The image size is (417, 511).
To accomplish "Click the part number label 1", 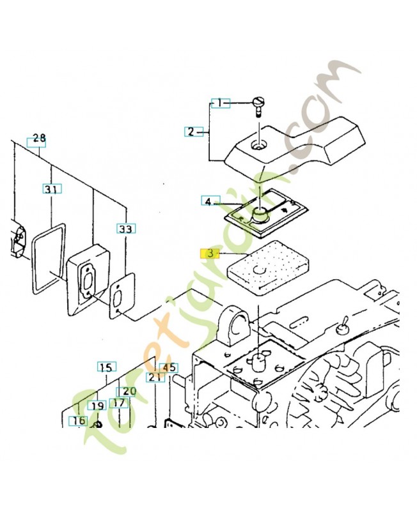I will coord(220,102).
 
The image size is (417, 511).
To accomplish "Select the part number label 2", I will coord(191,132).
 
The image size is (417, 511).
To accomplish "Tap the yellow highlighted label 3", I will coord(209,253).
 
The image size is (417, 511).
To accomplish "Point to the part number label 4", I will coord(208,201).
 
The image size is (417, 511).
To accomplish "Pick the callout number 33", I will coord(125,228).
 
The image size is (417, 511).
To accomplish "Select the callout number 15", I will coord(106,367).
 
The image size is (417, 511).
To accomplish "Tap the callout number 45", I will coord(169,368).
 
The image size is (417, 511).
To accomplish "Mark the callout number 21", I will coord(154,378).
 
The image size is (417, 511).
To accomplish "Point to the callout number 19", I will coord(97,406).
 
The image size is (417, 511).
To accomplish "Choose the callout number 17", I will coord(118,403).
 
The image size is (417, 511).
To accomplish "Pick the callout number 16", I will coord(78,420).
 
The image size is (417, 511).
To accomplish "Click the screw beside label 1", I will coord(259,104).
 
